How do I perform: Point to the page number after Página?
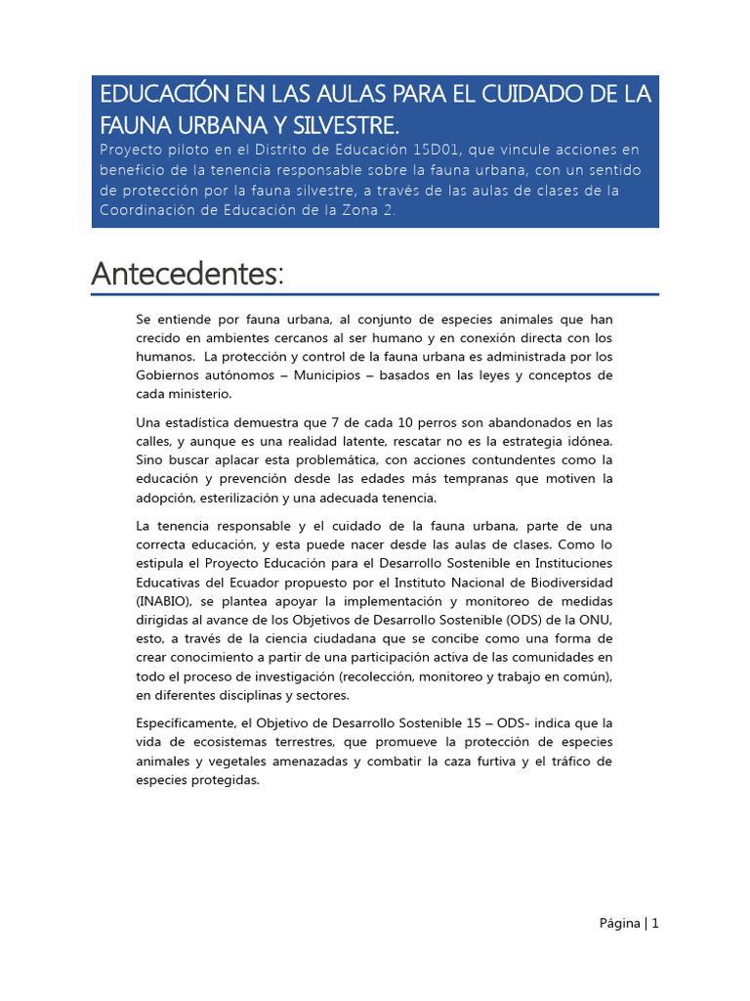point(655,923)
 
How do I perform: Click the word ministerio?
point(202,394)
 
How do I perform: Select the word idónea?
point(590,441)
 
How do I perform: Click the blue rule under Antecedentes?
point(375,293)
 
